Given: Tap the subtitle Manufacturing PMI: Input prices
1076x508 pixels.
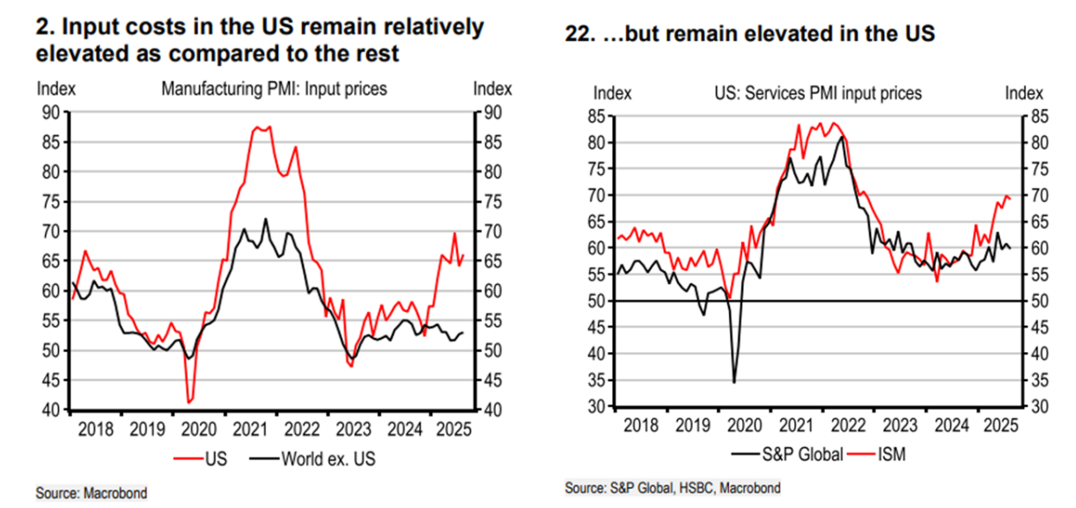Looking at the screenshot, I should click(x=274, y=88).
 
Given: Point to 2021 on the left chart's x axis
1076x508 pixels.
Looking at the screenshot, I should click(x=252, y=430).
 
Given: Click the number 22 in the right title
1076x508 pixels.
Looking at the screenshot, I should click(x=578, y=35).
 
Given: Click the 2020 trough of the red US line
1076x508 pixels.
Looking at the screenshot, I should click(x=189, y=401).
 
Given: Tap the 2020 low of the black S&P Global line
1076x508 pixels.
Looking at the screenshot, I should click(x=734, y=382).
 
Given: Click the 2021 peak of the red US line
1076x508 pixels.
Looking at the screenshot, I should click(x=257, y=128).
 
